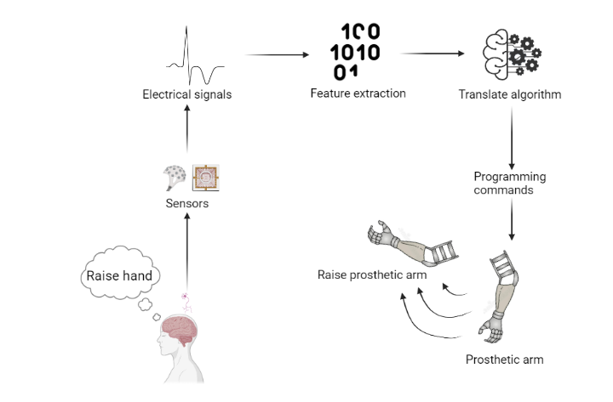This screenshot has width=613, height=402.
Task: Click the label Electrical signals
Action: pos(186,94)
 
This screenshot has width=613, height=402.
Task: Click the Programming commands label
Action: pos(509,184)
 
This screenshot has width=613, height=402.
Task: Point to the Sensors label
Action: pos(186,203)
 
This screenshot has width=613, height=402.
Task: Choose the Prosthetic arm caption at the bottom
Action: pos(504,360)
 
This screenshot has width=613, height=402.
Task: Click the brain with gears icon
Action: pos(508,54)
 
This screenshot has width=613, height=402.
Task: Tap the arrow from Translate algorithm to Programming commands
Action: pos(510,136)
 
